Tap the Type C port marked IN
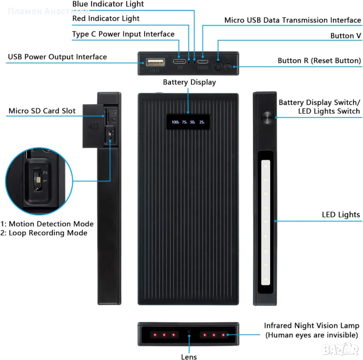point(180,61)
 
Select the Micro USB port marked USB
point(203,61)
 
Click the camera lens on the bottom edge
point(189,332)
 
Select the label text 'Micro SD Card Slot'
point(42,111)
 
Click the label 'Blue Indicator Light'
point(108,4)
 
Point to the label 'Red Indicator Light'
point(106,18)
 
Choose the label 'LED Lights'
point(341,215)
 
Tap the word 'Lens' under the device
point(189,357)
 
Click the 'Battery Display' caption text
point(189,82)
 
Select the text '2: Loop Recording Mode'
point(44,233)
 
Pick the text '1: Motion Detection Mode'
point(47,224)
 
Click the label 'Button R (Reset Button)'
point(319,61)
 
